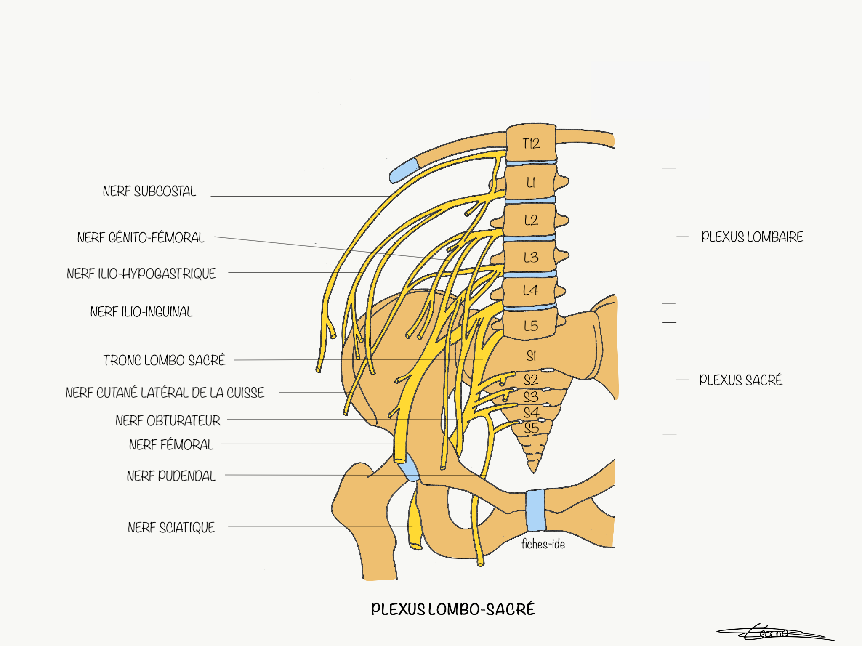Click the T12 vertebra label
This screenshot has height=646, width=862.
531,144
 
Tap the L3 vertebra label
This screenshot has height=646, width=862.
531,257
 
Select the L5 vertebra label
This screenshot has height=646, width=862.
531,326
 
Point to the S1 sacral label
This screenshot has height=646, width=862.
531,356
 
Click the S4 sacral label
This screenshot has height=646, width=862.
531,412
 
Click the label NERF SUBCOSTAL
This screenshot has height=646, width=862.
149,191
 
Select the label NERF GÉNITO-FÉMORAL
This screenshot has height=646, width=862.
141,238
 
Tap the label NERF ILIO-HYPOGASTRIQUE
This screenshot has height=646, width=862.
141,274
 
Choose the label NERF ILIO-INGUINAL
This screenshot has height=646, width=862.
141,312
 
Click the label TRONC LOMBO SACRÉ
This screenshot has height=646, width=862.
164,360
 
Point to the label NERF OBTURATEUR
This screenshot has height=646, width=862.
168,420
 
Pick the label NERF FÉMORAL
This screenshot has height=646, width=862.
171,445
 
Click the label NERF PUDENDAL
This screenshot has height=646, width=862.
171,476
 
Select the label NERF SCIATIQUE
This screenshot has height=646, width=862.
171,527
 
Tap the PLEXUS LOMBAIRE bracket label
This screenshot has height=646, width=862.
752,237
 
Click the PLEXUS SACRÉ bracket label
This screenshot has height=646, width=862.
740,380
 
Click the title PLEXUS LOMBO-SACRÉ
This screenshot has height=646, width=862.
452,609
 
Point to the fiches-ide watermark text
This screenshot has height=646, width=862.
543,544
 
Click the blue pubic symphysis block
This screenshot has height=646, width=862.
535,510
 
